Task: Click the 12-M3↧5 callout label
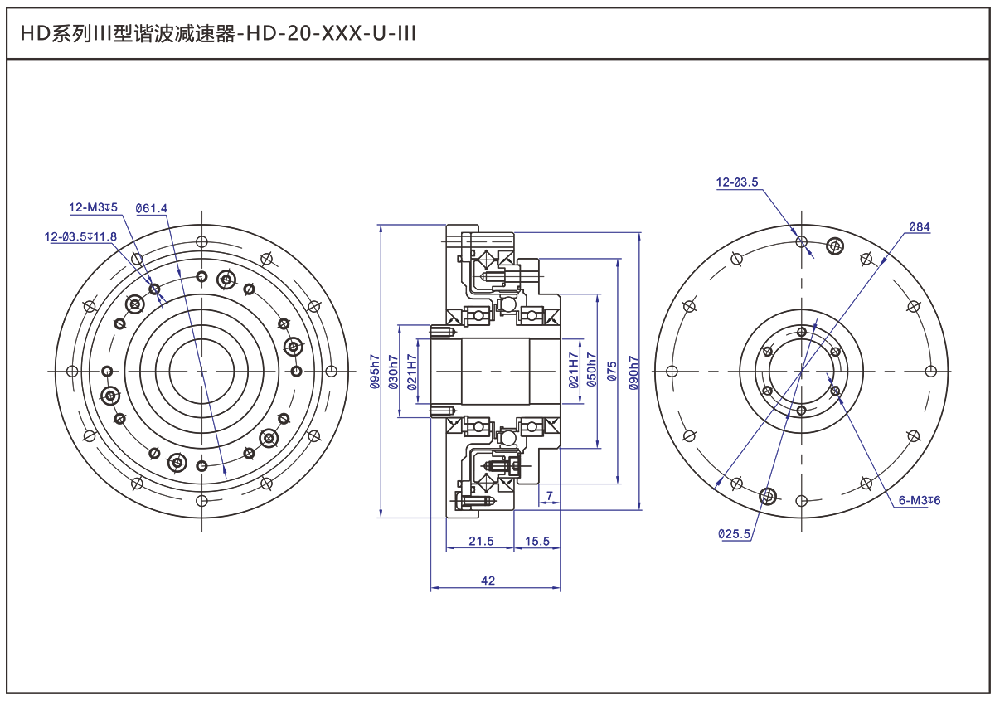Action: click(93, 207)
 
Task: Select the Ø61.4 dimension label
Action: click(152, 208)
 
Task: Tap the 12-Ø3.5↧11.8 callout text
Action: click(80, 236)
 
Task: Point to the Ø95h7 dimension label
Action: click(375, 372)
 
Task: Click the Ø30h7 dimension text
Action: click(394, 372)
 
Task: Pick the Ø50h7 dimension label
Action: click(592, 370)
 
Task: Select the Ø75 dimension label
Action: click(612, 372)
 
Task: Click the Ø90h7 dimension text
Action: click(633, 373)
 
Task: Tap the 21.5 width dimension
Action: click(481, 541)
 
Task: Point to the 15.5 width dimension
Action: click(537, 541)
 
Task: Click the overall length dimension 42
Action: click(488, 581)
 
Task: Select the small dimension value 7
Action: click(550, 495)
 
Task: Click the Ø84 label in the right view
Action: click(919, 227)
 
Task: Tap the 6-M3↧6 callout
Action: click(920, 500)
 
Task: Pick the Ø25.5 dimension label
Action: click(735, 534)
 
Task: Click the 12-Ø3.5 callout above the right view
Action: click(737, 182)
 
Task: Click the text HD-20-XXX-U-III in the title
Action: click(331, 33)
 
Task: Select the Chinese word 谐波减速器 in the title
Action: click(184, 34)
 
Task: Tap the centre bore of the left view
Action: click(201, 372)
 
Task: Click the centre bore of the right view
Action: click(801, 372)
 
